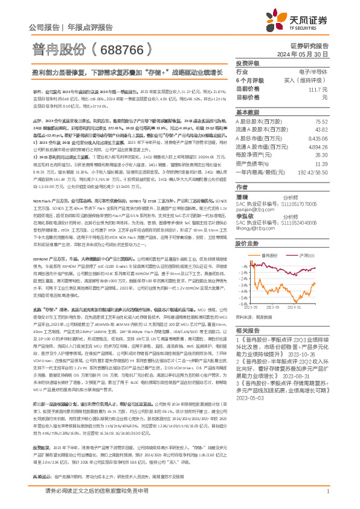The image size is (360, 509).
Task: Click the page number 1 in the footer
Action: coord(327,498)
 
